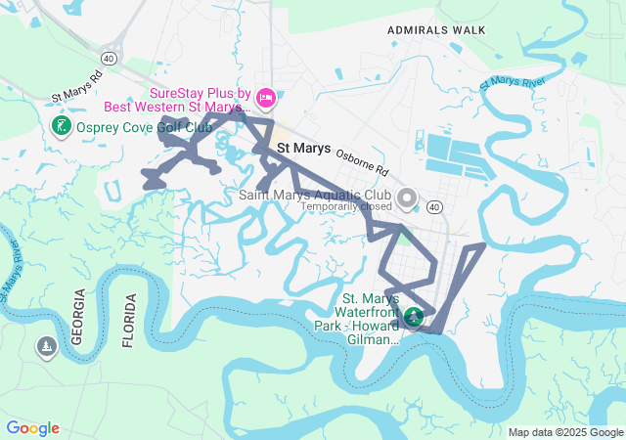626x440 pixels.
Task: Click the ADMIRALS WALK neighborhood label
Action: [x=436, y=30]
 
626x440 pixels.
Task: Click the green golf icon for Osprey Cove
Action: [x=60, y=126]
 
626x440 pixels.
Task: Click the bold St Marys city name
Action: [x=303, y=149]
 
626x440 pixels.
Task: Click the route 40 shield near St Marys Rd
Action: [x=108, y=59]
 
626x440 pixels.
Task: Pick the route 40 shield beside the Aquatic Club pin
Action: [x=434, y=206]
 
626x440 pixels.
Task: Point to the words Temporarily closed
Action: [x=346, y=207]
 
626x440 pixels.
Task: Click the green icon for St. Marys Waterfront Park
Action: [x=414, y=316]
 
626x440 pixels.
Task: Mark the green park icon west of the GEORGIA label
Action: [x=46, y=347]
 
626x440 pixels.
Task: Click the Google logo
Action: [x=32, y=428]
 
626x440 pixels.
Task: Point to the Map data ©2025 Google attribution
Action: [x=564, y=432]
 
